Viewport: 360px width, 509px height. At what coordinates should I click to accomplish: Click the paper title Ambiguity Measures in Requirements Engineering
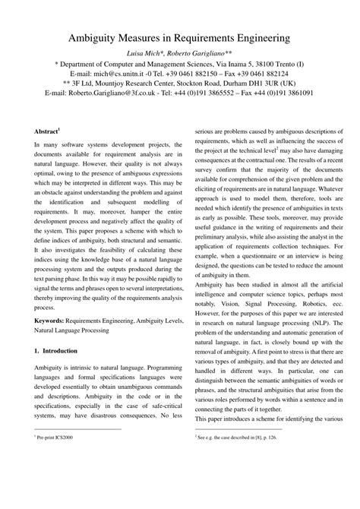[180, 36]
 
